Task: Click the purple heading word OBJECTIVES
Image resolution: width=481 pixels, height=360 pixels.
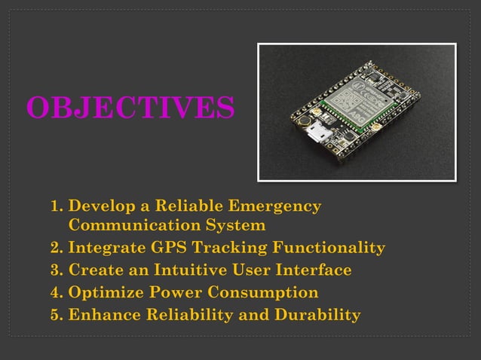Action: (130, 108)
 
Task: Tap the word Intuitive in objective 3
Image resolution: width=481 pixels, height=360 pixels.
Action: (195, 270)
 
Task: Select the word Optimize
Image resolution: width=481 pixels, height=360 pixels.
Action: (103, 292)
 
